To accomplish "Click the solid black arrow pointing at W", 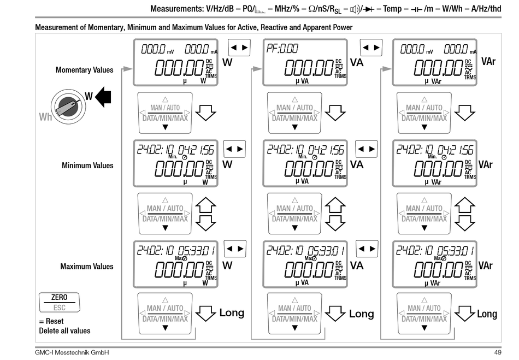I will click(103, 97).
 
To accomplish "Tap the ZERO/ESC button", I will click(58, 302).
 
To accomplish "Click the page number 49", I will click(497, 353).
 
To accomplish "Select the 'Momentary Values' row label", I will click(85, 70).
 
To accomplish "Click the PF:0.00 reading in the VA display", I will click(282, 49).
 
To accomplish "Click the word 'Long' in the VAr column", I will click(487, 314).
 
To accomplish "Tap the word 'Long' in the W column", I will click(232, 313).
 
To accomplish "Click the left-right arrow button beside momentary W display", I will click(238, 48).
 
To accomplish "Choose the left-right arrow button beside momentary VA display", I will click(370, 48).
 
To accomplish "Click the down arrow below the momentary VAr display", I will click(464, 112).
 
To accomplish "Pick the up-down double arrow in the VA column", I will click(335, 214).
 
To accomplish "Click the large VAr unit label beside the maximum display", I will click(485, 265).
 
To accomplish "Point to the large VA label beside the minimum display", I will click(357, 164).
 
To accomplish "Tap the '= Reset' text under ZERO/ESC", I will click(51, 321).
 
